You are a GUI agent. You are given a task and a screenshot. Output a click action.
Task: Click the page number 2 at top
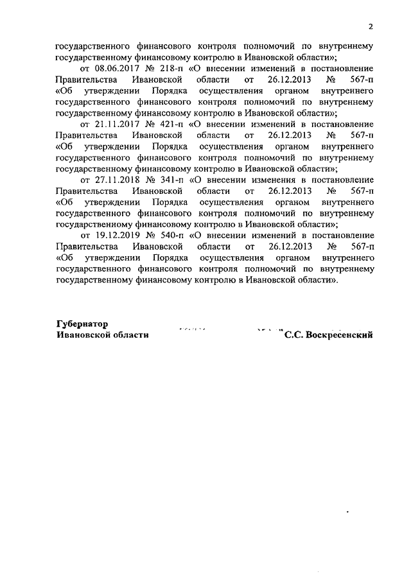(x=371, y=26)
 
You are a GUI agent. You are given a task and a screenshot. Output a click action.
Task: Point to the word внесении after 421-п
(x=217, y=123)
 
